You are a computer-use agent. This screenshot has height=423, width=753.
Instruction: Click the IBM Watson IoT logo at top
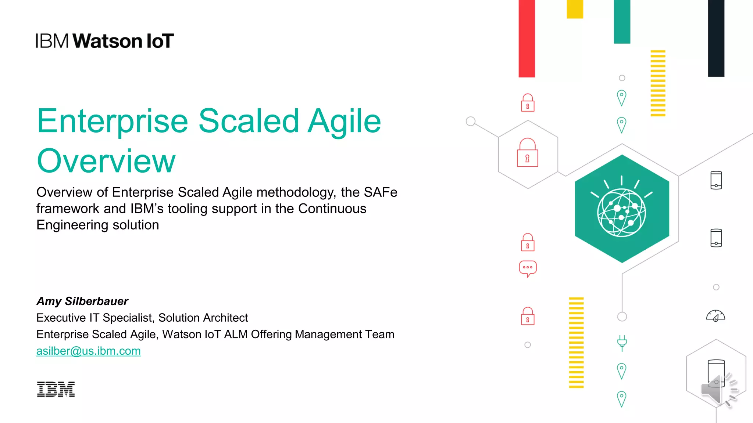[105, 41]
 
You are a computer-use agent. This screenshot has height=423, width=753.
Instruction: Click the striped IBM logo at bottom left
[56, 389]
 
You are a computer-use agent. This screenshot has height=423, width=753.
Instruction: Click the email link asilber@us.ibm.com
[88, 351]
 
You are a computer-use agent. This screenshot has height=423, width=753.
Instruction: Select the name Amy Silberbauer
[82, 301]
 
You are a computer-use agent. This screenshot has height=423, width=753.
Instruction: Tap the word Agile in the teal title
[345, 121]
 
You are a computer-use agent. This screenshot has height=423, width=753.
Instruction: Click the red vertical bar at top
[527, 38]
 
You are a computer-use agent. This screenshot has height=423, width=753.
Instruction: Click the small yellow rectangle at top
[575, 9]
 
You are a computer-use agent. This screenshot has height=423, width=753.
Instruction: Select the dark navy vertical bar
[716, 38]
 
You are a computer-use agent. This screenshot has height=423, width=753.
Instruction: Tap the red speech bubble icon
[528, 268]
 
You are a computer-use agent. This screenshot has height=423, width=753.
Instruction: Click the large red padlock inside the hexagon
[527, 153]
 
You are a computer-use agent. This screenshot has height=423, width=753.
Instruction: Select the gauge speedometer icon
[715, 316]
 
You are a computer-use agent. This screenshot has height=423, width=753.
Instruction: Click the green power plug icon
[622, 343]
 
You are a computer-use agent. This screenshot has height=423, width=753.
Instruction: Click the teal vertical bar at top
[622, 22]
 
